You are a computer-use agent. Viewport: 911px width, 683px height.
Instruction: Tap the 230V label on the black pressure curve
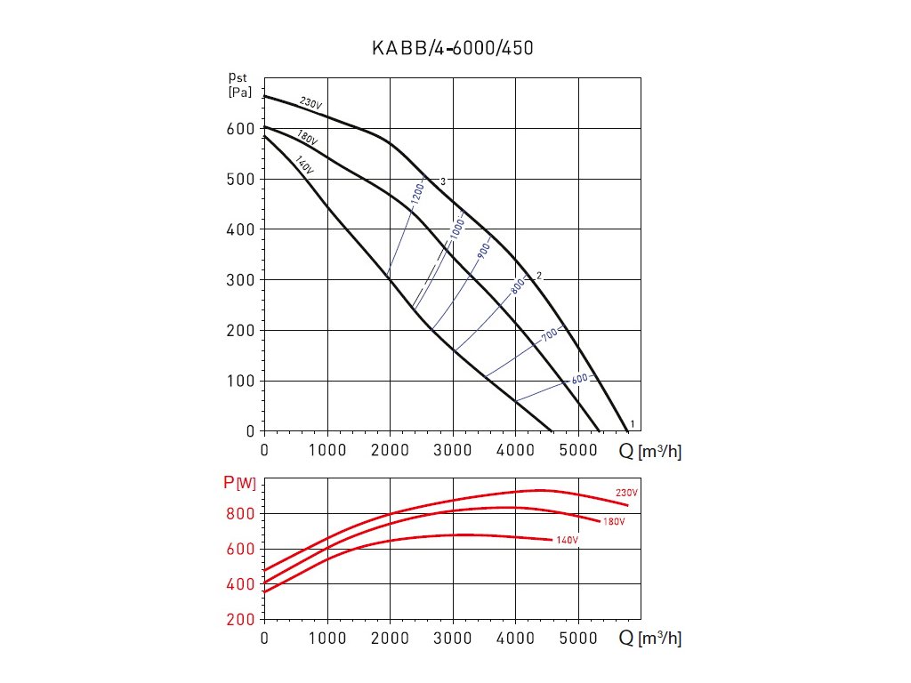click(310, 103)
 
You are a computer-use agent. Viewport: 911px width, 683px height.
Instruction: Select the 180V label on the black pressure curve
click(307, 139)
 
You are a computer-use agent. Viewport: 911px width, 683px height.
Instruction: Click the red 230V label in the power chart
click(627, 493)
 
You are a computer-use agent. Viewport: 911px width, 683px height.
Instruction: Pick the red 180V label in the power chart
click(614, 521)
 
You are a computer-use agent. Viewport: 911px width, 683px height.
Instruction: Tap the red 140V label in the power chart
click(567, 541)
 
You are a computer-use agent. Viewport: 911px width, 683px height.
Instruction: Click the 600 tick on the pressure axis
click(239, 129)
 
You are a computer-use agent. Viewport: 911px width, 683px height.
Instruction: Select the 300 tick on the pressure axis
click(239, 280)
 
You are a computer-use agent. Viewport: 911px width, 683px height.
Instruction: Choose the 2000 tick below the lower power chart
click(391, 638)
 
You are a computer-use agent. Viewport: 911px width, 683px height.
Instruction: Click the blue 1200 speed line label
click(417, 196)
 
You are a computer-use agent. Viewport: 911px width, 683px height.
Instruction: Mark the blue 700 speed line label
click(549, 335)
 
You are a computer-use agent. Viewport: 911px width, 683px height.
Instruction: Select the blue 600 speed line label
click(579, 380)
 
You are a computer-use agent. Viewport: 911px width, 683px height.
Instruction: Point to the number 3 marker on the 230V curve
click(442, 181)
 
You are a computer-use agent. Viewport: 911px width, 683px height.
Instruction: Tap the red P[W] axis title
click(239, 485)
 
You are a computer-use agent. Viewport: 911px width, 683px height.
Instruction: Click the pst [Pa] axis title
click(238, 85)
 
